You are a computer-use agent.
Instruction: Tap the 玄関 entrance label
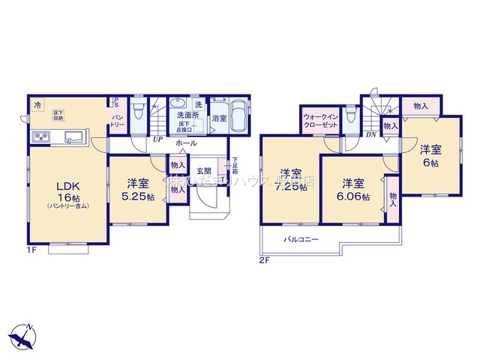[x=203, y=171]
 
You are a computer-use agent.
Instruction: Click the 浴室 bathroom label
[x=219, y=118]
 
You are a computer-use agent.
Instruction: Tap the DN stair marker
[x=370, y=136]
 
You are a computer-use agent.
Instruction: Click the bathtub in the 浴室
[x=240, y=116]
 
